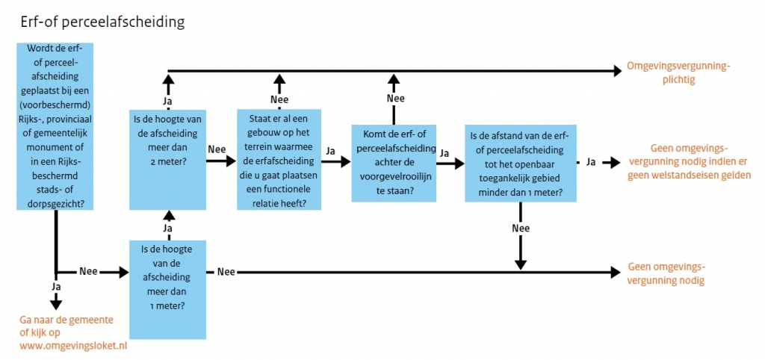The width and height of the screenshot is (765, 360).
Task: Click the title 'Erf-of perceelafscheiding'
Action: pos(102,22)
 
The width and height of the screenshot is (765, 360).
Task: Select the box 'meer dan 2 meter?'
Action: pos(167,159)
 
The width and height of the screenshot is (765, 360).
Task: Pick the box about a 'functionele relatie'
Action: pos(279,159)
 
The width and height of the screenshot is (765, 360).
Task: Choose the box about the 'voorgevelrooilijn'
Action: pos(394,164)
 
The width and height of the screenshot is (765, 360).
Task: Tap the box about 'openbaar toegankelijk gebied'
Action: pos(521,164)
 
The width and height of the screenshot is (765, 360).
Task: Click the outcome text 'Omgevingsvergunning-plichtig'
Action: pos(678,72)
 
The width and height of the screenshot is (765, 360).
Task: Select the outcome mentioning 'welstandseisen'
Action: pos(689,161)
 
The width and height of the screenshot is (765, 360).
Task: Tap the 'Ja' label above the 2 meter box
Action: pos(168,99)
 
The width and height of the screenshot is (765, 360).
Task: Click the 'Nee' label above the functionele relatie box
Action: pos(279,99)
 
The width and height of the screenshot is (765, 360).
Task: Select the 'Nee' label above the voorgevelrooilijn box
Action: pos(395,98)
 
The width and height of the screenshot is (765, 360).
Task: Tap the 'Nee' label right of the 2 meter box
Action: pos(217,148)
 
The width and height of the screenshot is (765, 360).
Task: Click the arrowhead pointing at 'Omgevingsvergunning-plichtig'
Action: pos(616,71)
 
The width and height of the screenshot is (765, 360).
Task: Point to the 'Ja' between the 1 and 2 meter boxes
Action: pos(168,228)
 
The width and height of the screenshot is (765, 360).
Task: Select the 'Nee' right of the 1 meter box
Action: pos(226,272)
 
